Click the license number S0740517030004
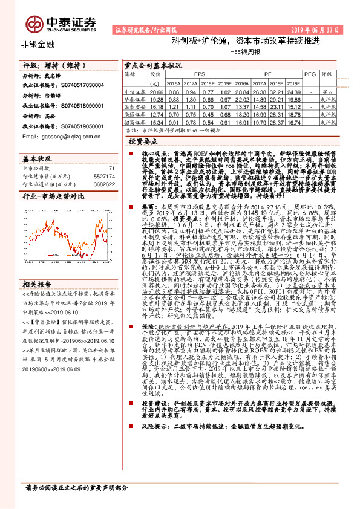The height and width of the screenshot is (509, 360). [x=81, y=86]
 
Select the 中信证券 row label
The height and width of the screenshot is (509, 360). [x=134, y=89]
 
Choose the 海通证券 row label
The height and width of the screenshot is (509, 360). [x=134, y=113]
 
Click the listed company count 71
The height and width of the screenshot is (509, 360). [x=110, y=168]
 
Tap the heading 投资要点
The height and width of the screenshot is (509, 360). [x=144, y=140]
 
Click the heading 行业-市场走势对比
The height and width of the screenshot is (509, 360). [x=50, y=197]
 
